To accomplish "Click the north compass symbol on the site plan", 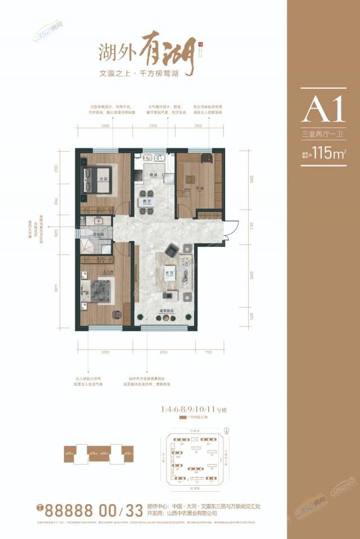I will click(x=226, y=431).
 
